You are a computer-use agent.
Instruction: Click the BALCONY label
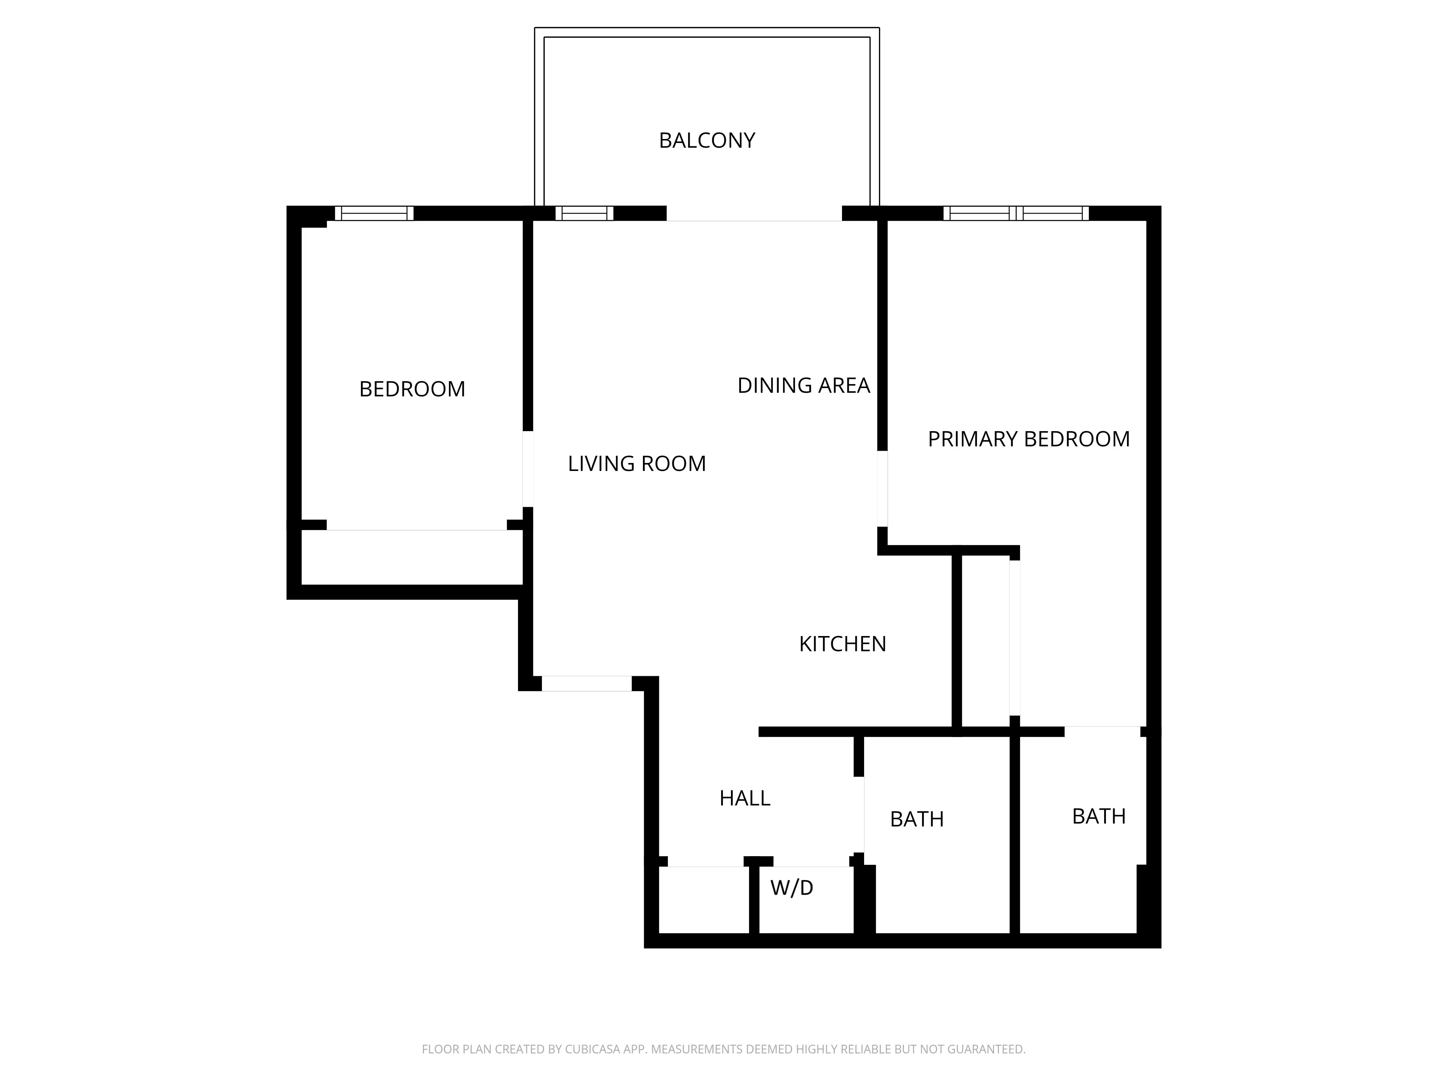[707, 140]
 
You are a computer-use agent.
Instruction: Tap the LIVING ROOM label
[636, 463]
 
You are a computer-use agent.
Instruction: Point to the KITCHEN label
[842, 644]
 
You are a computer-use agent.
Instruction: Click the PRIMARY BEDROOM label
[1028, 439]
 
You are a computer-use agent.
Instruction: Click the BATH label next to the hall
[917, 819]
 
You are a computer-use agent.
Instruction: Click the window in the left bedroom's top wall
[374, 214]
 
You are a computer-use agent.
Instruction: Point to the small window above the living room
[584, 214]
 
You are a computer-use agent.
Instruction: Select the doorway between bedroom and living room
[528, 469]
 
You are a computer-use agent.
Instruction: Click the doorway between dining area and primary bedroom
[883, 488]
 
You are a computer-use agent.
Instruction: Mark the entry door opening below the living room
[586, 683]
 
